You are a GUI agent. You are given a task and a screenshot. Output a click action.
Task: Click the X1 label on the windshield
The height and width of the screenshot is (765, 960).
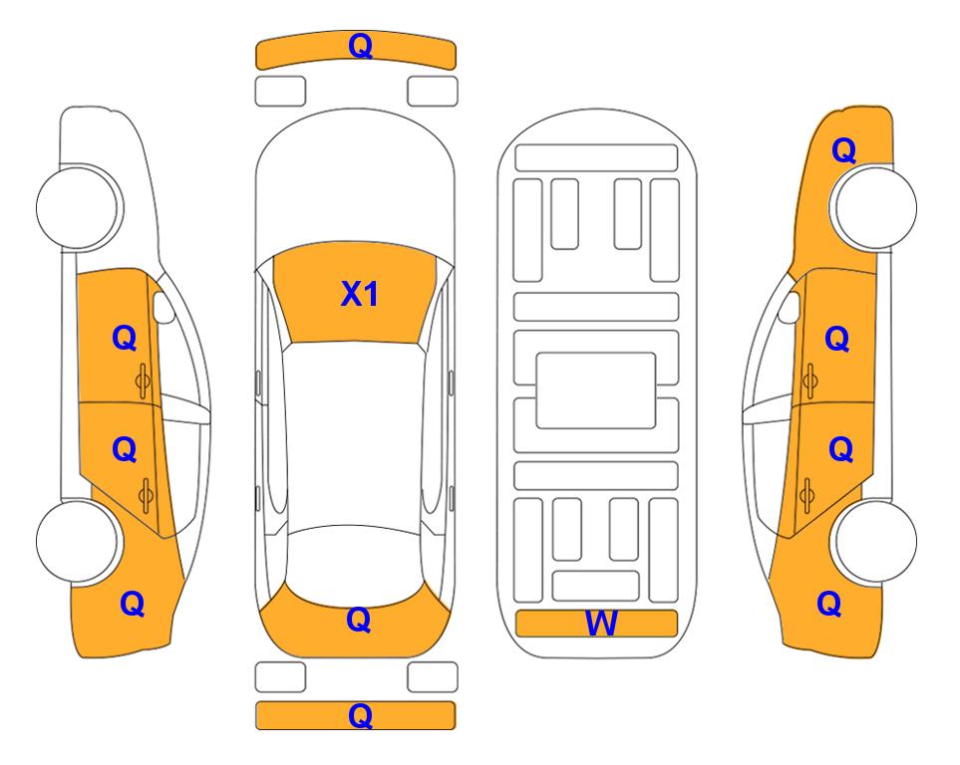(360, 294)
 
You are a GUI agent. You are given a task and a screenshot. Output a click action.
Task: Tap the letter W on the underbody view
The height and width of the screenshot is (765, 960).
(601, 624)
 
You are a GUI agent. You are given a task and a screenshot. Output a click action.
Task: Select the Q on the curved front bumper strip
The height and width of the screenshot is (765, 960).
(360, 46)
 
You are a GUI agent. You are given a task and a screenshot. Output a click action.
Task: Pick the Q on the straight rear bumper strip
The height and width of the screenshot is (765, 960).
(360, 715)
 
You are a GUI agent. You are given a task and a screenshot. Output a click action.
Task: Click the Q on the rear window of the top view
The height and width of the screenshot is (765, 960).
(358, 620)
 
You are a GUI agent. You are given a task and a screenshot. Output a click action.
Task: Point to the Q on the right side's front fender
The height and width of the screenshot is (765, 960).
(843, 150)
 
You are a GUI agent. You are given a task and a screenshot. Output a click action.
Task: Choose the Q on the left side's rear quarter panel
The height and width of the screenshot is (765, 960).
(132, 604)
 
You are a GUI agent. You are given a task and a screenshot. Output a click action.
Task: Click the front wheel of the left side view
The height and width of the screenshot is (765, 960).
(78, 207)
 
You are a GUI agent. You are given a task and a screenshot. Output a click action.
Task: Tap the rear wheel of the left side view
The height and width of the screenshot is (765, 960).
(78, 541)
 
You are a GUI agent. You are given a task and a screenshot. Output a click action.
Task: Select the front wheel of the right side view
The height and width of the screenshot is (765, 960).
(875, 207)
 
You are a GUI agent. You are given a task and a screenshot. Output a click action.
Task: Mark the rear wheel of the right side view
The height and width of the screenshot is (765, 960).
(875, 541)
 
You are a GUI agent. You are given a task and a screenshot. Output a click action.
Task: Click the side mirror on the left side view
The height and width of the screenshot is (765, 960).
(162, 307)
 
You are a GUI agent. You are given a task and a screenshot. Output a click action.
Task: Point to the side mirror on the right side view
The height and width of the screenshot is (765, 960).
(790, 307)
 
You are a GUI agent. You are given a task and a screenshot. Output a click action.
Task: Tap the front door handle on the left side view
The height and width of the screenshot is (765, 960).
(143, 381)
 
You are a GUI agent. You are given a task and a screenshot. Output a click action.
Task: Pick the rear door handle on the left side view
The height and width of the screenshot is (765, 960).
(146, 495)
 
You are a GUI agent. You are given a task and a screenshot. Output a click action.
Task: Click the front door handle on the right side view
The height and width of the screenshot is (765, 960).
(810, 381)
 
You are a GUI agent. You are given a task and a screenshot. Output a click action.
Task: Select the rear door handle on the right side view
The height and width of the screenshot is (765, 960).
(806, 495)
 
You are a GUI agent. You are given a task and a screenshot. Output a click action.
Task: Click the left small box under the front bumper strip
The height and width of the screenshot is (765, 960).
(280, 92)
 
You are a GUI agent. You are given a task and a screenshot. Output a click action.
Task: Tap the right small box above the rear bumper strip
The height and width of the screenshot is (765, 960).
(433, 677)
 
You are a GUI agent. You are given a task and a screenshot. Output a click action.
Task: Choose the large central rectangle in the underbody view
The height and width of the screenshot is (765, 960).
(596, 390)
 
